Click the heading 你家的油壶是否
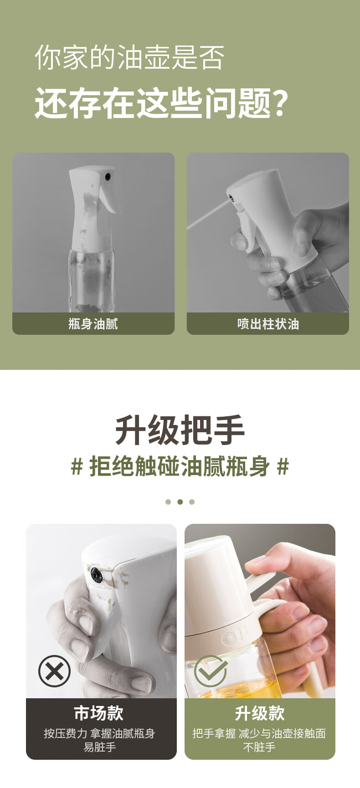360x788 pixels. coord(130,57)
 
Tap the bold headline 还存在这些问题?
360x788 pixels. coord(162,103)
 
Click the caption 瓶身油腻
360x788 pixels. coord(93,324)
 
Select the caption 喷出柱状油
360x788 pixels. coord(268,324)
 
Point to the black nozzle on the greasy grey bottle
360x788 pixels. coord(108,176)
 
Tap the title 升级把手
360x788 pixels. coord(180,430)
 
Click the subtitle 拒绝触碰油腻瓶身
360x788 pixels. coord(180,466)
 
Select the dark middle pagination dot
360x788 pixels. coord(180,502)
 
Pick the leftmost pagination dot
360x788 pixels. coord(168,502)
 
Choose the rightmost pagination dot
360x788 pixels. coord(192,502)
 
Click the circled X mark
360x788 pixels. coord(55,671)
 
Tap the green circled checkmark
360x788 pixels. coord(211,671)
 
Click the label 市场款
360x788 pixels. coord(99,713)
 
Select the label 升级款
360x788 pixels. coord(260,713)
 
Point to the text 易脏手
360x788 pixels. coord(100,747)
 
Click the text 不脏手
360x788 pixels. coord(259,747)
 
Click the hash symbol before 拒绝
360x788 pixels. coord(77,467)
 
